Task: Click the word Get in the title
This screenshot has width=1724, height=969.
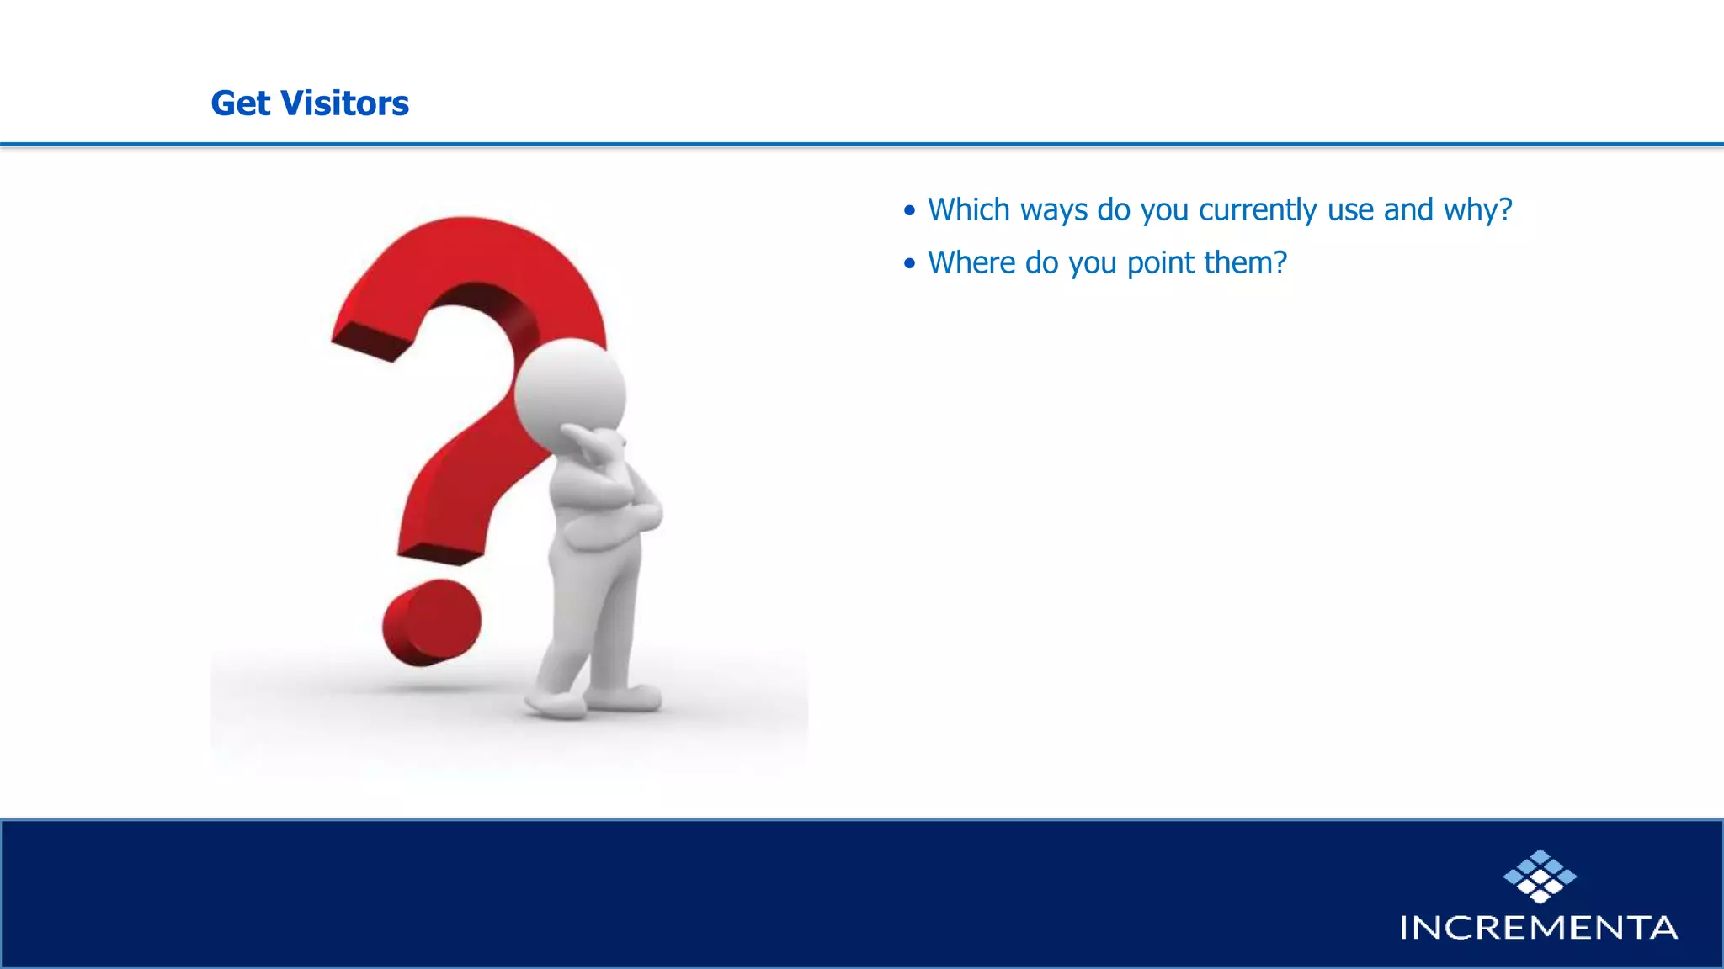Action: [x=240, y=103]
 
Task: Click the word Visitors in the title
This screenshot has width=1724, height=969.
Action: [x=344, y=103]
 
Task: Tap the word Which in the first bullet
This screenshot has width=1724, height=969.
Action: [x=968, y=209]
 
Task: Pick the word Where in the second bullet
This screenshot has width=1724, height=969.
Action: [x=971, y=262]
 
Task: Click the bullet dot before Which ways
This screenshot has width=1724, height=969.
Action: [x=909, y=210]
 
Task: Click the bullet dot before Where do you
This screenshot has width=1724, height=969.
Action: [x=909, y=263]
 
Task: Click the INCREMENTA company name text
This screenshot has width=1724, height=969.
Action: [x=1538, y=928]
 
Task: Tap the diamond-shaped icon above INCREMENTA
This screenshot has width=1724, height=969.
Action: [x=1540, y=876]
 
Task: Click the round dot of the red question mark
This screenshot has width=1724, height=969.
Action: [x=431, y=622]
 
